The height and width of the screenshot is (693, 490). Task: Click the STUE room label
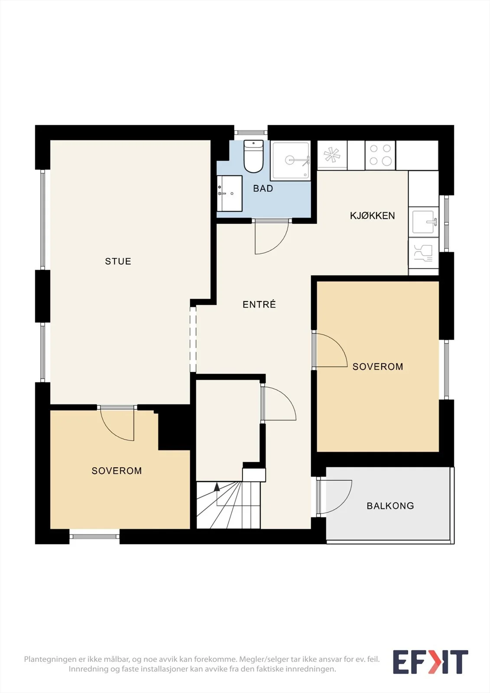118,262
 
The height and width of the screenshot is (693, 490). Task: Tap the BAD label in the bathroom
263,188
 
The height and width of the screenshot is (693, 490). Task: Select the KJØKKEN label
373,216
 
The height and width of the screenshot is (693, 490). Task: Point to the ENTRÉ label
259,304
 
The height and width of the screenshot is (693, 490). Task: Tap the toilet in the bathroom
253,156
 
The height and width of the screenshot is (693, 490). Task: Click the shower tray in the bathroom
290,161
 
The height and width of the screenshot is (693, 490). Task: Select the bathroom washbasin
229,193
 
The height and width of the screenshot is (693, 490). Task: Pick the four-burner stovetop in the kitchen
380,155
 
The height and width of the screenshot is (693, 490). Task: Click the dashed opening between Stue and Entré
193,339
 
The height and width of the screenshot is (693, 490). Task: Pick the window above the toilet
251,133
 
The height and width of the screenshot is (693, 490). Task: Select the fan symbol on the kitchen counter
331,155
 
